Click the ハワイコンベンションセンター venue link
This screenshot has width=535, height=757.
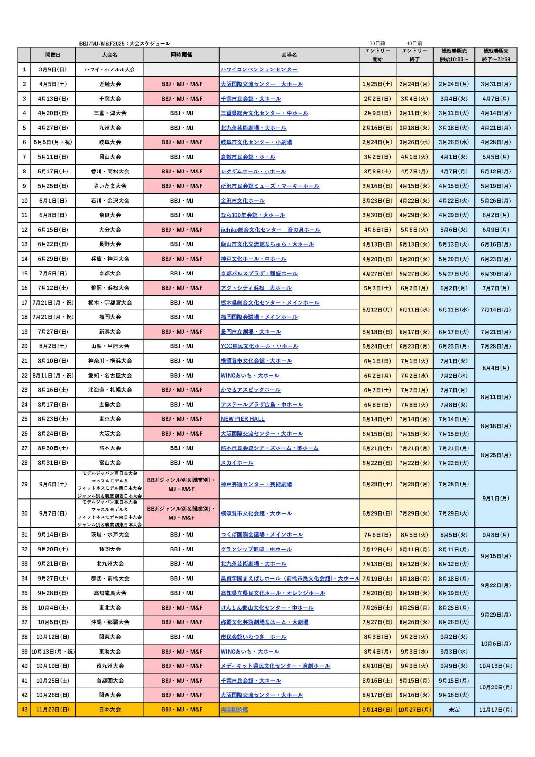[259, 69]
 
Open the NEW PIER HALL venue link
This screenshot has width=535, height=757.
[242, 419]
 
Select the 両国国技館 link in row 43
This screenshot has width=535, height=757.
[234, 709]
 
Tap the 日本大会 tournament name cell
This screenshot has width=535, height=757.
[110, 709]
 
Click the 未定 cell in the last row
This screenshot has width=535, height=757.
[454, 709]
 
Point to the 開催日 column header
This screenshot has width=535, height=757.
[53, 55]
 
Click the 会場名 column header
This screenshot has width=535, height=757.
[289, 55]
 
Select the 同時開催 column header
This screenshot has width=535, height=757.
[181, 55]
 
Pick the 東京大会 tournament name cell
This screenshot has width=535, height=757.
[110, 419]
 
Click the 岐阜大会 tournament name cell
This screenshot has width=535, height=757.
[110, 142]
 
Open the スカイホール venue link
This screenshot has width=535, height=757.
[237, 463]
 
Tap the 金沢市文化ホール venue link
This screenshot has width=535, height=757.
[242, 201]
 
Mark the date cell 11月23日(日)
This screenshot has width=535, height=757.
[53, 709]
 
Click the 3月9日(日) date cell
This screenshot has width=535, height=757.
[53, 69]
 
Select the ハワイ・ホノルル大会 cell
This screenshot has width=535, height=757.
[110, 69]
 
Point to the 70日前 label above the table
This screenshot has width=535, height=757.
[377, 43]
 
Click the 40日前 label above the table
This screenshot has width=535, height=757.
[414, 43]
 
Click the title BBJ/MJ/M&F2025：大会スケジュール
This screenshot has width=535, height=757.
[125, 43]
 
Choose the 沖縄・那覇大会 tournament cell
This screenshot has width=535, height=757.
[110, 622]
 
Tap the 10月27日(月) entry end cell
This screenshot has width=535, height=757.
[414, 709]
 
